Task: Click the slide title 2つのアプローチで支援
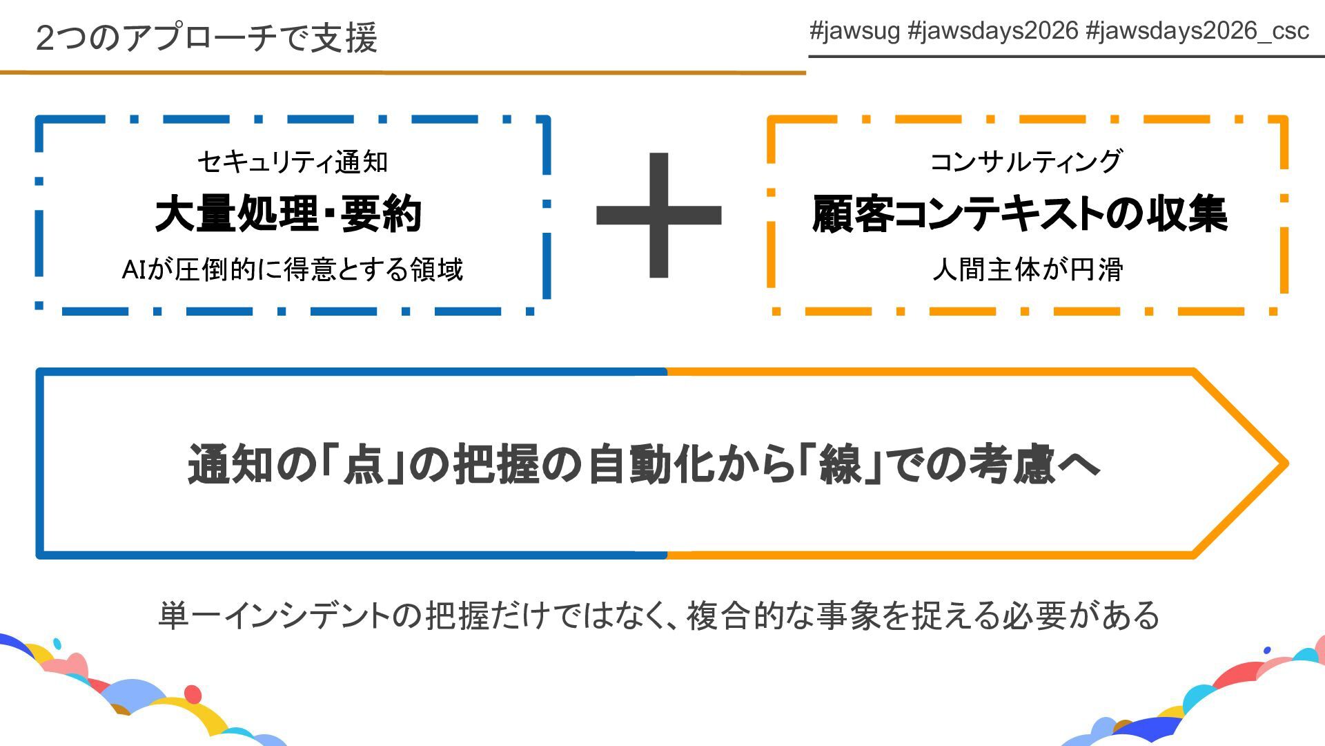(206, 38)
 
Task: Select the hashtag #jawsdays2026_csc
(1197, 31)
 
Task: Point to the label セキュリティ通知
(293, 162)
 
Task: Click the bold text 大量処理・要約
(288, 214)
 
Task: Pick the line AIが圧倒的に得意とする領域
(292, 269)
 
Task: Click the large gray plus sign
(659, 215)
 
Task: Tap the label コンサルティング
(1026, 162)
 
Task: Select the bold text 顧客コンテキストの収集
(1020, 214)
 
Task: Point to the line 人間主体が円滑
(1028, 269)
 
